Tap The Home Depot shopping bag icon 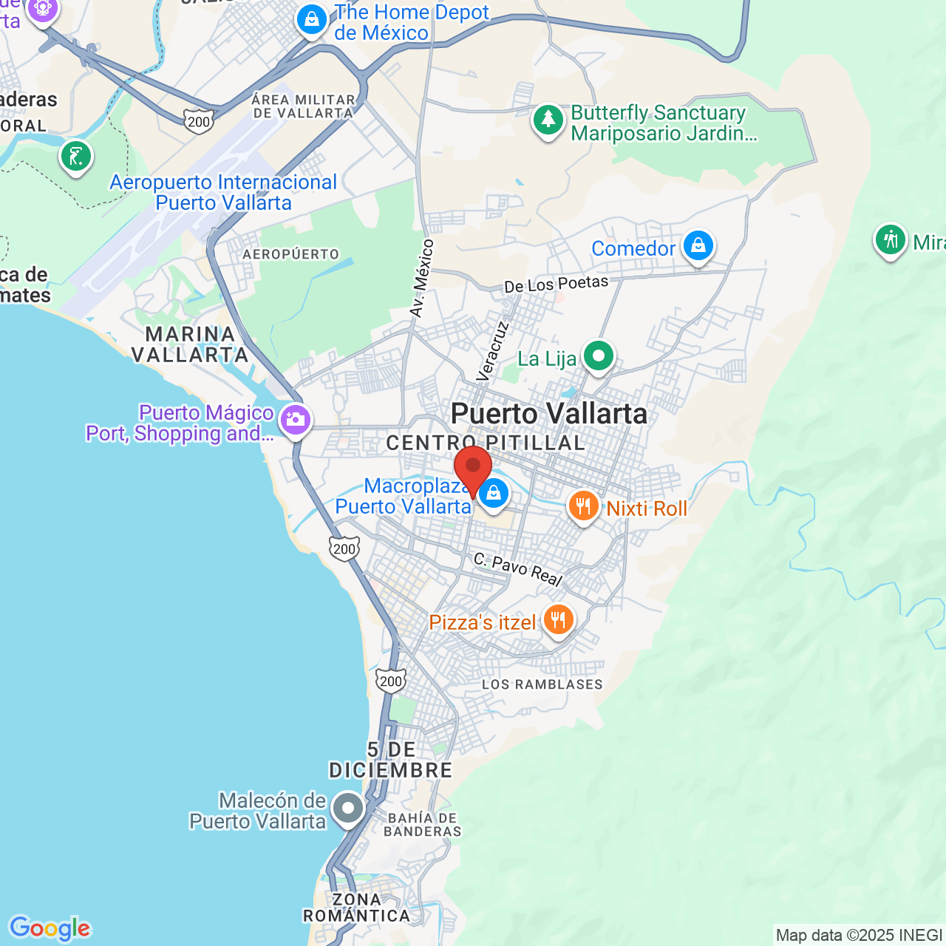pyautogui.click(x=312, y=19)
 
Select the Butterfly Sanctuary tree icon pyautogui.click(x=548, y=119)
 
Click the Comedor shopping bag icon pyautogui.click(x=698, y=245)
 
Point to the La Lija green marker pyautogui.click(x=598, y=356)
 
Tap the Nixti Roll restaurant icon pyautogui.click(x=583, y=506)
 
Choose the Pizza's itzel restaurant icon pyautogui.click(x=558, y=619)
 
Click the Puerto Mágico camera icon pyautogui.click(x=295, y=420)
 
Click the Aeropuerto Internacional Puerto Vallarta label pyautogui.click(x=223, y=192)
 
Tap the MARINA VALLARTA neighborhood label pyautogui.click(x=190, y=344)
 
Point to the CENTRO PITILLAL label pyautogui.click(x=486, y=443)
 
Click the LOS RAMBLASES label pyautogui.click(x=542, y=684)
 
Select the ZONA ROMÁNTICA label pyautogui.click(x=356, y=908)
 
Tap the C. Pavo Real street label pyautogui.click(x=517, y=568)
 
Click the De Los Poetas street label pyautogui.click(x=556, y=285)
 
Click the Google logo pyautogui.click(x=50, y=928)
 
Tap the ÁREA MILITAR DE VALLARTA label pyautogui.click(x=303, y=106)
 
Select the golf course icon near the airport pyautogui.click(x=76, y=156)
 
